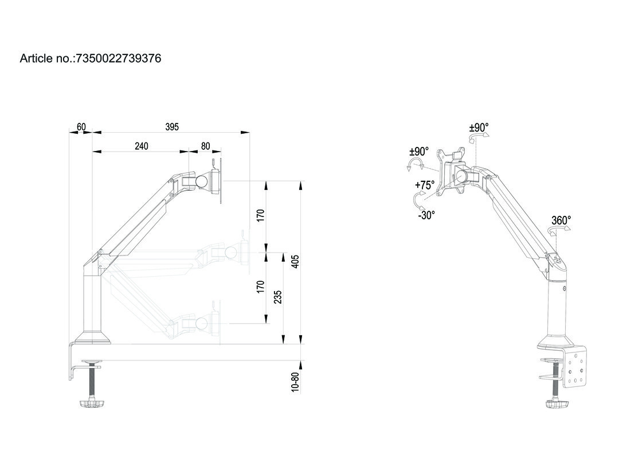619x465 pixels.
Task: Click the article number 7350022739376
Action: tap(117, 58)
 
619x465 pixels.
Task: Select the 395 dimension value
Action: tap(172, 127)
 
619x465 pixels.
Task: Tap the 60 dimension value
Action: tap(81, 127)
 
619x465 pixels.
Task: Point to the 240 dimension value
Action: tap(142, 146)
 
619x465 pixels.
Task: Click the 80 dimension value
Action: tap(205, 146)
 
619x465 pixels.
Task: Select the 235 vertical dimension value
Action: tap(278, 297)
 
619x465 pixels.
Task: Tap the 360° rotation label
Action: tap(561, 220)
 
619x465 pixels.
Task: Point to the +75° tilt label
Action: tap(425, 185)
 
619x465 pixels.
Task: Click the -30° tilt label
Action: tap(426, 215)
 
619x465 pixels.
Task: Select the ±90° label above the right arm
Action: tap(479, 127)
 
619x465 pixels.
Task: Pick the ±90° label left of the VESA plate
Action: tap(419, 152)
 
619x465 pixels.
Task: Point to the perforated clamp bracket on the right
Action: tap(575, 372)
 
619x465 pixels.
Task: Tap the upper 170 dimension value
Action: tap(261, 216)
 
